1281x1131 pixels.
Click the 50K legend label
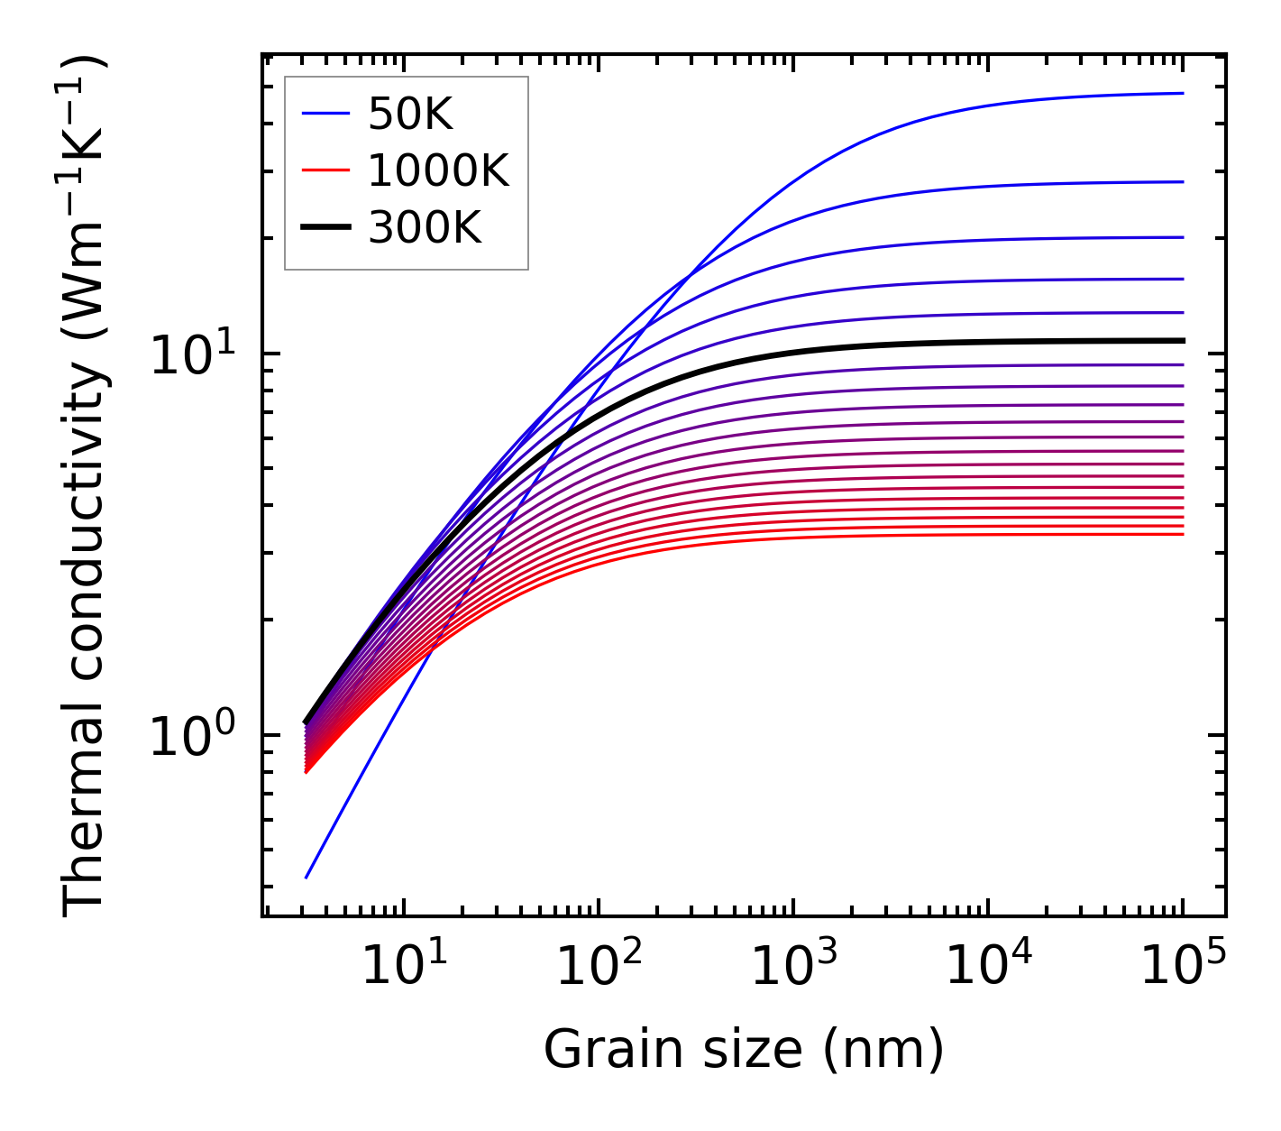[410, 115]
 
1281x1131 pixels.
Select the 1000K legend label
[438, 170]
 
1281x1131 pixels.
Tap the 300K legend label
[425, 228]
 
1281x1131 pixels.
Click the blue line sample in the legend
[325, 114]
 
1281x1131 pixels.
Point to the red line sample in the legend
[325, 170]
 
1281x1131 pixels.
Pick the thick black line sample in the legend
[325, 228]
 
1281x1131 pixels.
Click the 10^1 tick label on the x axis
[403, 967]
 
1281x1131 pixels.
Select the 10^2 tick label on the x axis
[598, 967]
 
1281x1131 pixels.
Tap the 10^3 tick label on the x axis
[793, 967]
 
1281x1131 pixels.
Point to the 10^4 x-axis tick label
[988, 967]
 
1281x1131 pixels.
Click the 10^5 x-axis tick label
[1183, 967]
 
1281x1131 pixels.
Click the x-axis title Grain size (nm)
[744, 1051]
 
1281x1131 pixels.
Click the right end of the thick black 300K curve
[1182, 341]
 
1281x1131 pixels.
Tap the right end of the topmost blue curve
[1182, 93]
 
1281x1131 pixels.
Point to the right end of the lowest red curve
[1182, 535]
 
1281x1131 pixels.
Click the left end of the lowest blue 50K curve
[307, 877]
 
